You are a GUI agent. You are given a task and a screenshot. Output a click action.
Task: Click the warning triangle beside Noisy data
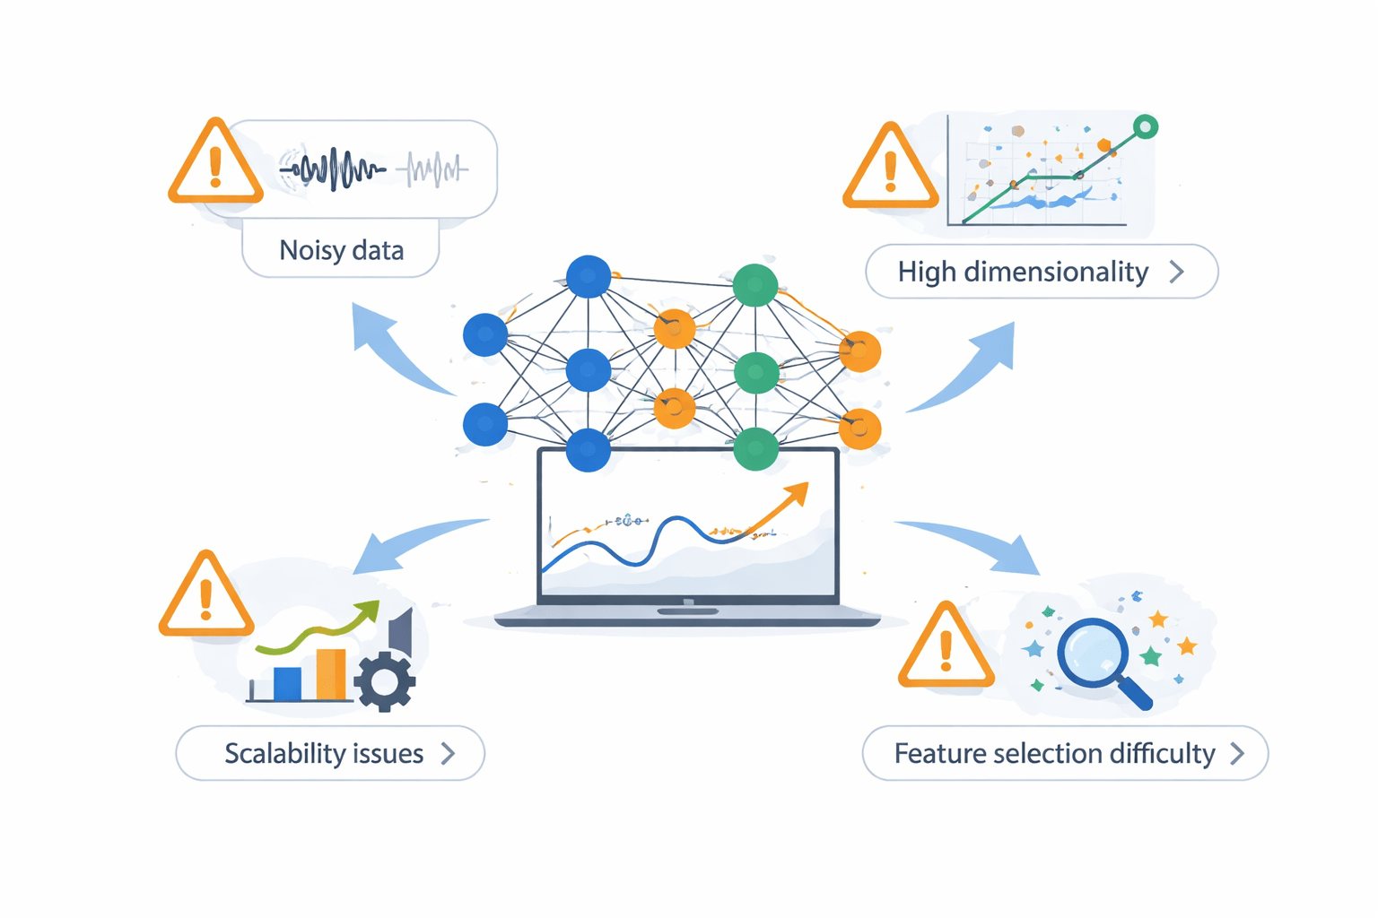point(215,164)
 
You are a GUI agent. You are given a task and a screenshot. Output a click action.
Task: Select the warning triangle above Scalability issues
point(206,598)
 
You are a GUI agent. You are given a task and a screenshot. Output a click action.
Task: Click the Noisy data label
point(341,250)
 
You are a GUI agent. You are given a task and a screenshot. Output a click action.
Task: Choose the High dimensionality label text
point(1023,272)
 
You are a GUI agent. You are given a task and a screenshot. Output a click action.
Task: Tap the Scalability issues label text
point(324,754)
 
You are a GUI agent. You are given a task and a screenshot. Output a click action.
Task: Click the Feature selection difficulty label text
point(1054,754)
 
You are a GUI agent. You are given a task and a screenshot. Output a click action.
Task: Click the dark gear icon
point(385,681)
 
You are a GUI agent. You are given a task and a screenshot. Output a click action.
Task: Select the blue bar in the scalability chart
point(287,683)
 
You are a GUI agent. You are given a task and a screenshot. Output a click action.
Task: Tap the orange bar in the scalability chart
point(330,674)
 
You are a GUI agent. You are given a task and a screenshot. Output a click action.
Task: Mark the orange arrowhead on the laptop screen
point(795,494)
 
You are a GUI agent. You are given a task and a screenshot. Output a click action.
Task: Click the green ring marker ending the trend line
point(1145,127)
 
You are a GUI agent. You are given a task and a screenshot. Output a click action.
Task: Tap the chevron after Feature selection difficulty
point(1237,754)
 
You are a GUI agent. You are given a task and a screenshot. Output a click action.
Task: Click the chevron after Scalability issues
point(448,754)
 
